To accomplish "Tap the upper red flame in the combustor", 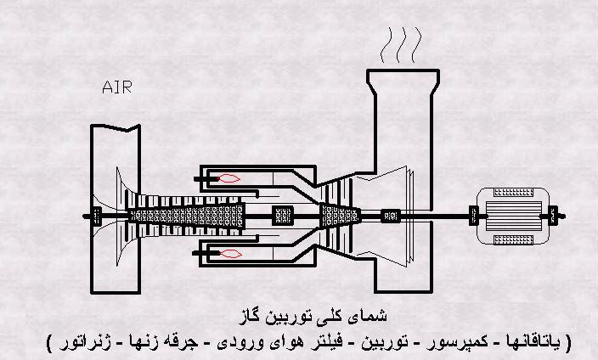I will [x=228, y=177].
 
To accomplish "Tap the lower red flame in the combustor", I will [x=228, y=253].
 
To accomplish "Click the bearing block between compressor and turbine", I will [x=281, y=215].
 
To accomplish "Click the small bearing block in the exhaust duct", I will [x=391, y=215].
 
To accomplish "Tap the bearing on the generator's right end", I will [x=552, y=215].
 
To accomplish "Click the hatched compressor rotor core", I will [x=183, y=215].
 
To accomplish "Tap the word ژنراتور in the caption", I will [x=80, y=342].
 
